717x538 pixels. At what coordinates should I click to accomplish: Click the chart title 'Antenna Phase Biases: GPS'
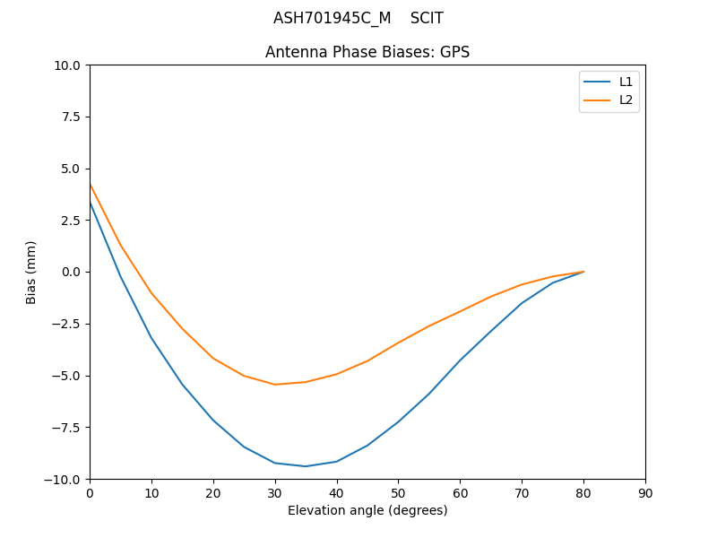coord(367,52)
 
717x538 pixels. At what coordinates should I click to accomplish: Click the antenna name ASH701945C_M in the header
coord(332,18)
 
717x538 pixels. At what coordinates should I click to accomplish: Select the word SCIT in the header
coord(427,18)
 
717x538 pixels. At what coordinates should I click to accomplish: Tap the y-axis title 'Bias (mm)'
coord(31,272)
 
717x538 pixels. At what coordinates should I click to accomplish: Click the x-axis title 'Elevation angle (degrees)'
coord(367,510)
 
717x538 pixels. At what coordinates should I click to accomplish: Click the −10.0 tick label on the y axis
coord(64,479)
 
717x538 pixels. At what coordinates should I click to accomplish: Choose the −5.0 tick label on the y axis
coord(67,376)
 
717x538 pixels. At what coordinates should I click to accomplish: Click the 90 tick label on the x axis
coord(645,493)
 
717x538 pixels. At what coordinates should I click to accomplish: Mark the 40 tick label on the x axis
coord(337,493)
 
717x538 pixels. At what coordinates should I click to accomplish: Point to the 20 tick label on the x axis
coord(213,493)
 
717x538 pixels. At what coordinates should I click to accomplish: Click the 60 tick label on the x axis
coord(460,493)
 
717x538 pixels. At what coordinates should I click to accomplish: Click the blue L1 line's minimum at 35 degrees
coord(306,466)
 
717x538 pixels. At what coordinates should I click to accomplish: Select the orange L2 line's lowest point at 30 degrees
coord(275,385)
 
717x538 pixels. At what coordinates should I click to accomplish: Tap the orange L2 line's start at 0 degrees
coord(90,184)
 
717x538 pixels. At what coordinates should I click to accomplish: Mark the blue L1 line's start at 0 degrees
coord(90,203)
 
